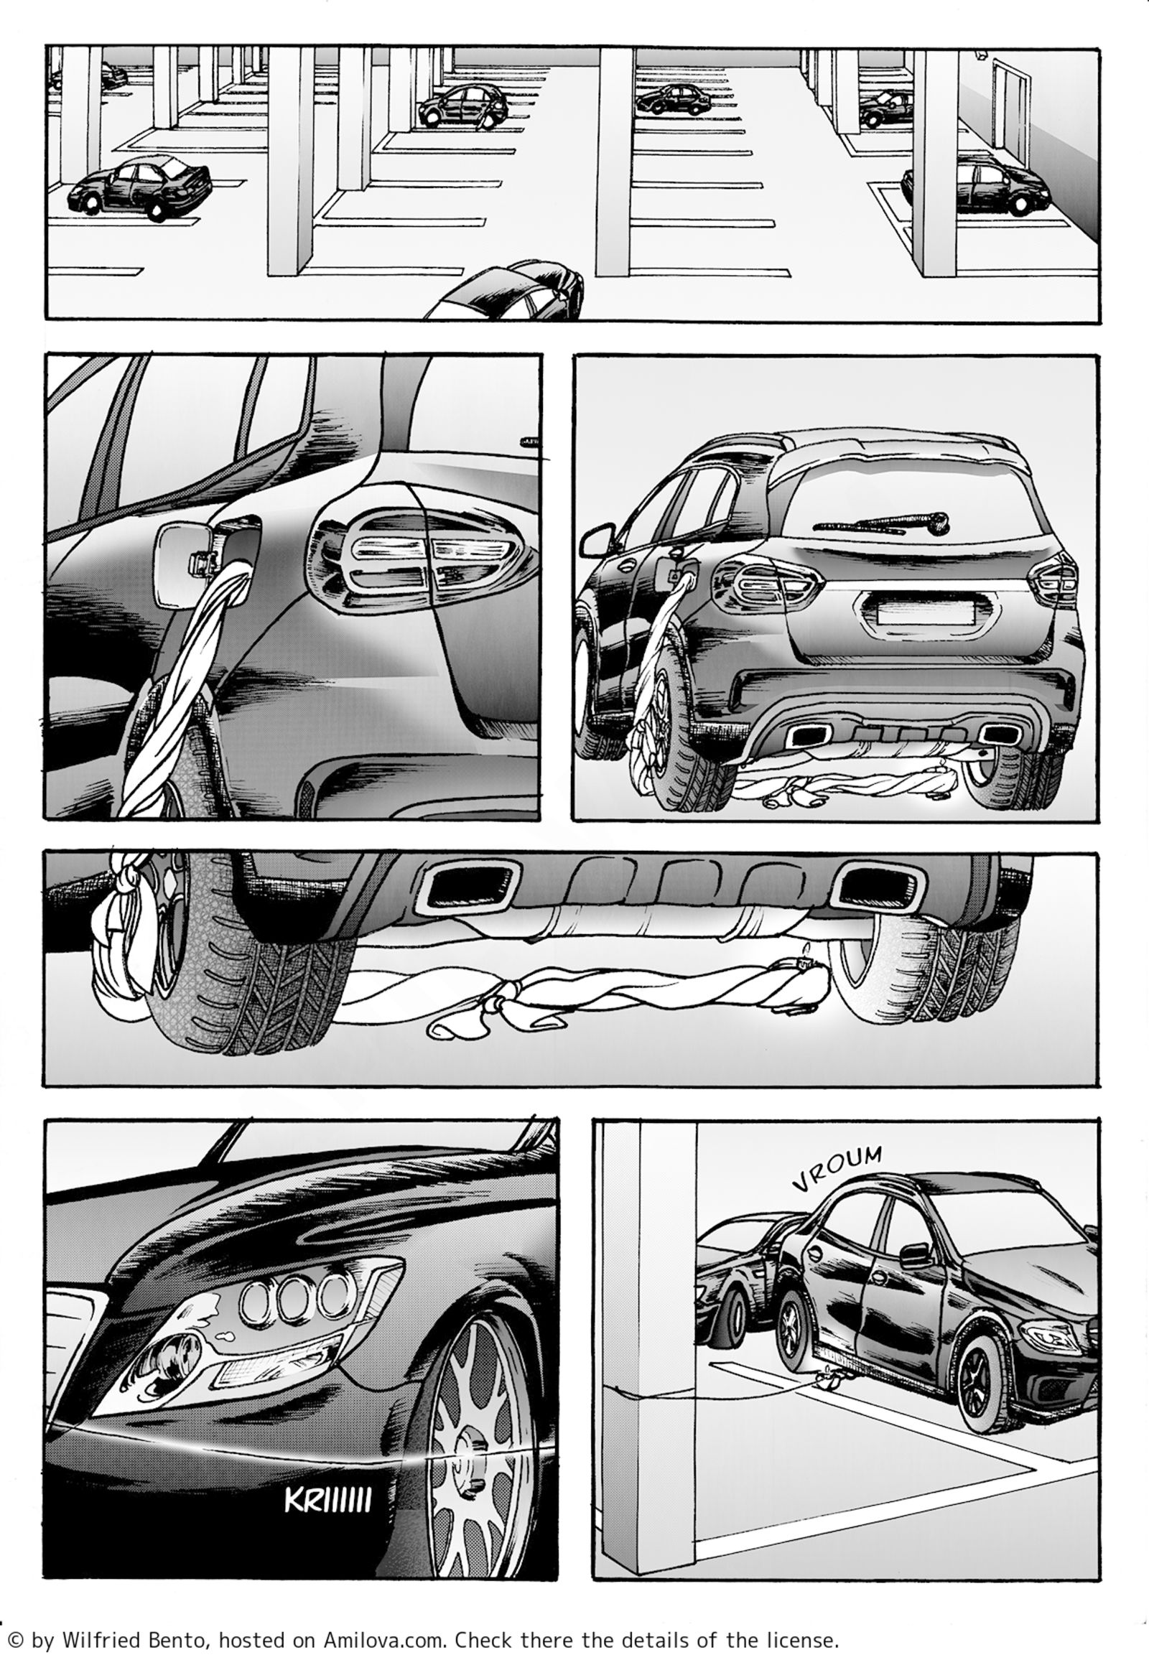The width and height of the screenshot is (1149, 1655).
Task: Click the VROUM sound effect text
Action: pyautogui.click(x=837, y=1178)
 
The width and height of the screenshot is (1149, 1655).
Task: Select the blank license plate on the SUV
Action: pyautogui.click(x=925, y=613)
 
